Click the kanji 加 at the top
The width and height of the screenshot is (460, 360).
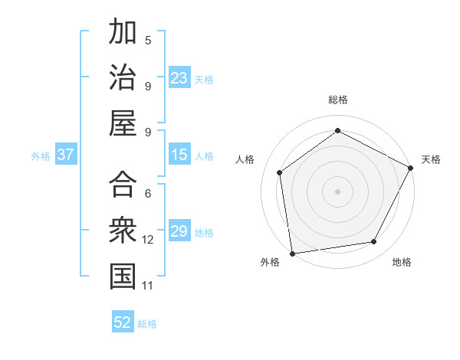pos(123,33)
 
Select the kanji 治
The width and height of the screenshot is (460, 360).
pos(123,77)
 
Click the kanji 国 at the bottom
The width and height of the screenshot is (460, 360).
pos(123,277)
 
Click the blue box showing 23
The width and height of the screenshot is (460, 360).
pos(179,77)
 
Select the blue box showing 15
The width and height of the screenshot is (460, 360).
pos(179,155)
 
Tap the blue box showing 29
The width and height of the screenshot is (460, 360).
pos(179,231)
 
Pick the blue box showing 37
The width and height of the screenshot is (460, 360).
pos(65,155)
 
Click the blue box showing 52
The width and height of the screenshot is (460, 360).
pos(123,322)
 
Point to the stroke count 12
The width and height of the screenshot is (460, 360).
pos(148,240)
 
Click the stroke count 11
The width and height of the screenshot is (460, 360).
pos(148,286)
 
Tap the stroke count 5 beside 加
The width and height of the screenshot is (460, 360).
pos(148,40)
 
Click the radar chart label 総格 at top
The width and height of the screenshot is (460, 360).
pos(338,100)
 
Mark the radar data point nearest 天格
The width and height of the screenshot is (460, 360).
pos(411,168)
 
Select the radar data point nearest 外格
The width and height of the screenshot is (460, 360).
pos(292,253)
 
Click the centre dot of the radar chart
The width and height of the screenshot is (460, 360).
pos(337,190)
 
